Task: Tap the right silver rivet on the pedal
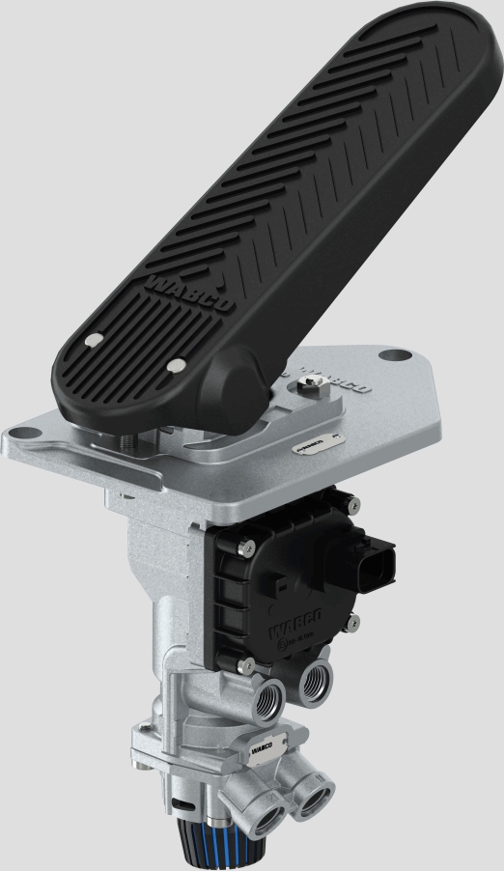coord(176,365)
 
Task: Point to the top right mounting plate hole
coord(389,355)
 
